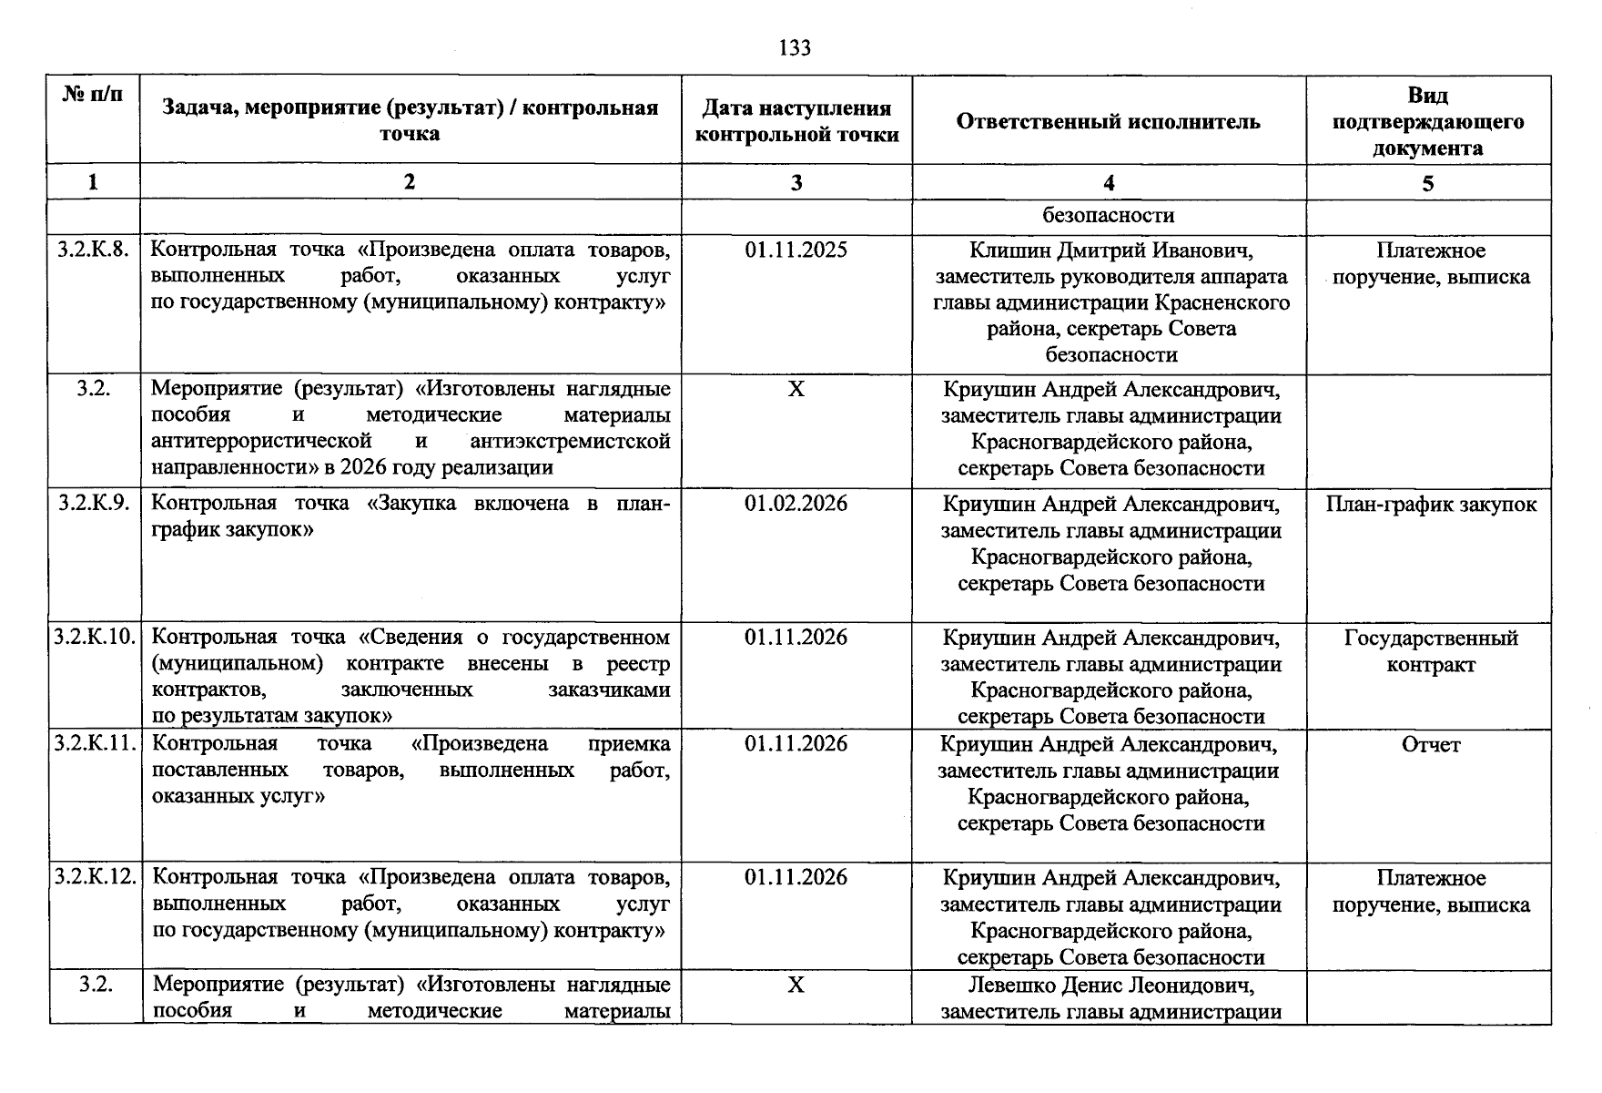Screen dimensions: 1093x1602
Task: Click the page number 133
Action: point(795,47)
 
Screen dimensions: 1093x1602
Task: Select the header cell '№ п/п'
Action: point(93,94)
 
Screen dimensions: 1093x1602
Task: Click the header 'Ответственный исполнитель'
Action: point(1108,122)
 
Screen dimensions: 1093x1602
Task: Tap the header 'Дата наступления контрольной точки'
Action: point(796,122)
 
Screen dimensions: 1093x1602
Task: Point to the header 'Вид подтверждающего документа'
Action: point(1427,122)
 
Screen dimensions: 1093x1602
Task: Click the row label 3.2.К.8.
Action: point(93,250)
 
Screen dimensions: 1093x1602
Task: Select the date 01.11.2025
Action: point(796,250)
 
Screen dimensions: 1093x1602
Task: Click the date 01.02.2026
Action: point(796,504)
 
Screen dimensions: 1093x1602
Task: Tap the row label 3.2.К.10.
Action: point(95,637)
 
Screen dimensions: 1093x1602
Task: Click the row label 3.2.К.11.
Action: point(95,743)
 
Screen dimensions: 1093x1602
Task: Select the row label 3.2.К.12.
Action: point(95,877)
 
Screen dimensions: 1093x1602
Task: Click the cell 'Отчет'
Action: point(1430,745)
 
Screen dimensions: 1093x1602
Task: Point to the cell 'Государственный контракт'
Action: point(1430,651)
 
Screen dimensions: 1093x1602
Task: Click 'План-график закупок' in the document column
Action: point(1430,505)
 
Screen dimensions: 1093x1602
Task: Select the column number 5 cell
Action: point(1427,183)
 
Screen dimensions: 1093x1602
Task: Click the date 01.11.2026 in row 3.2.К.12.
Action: point(796,877)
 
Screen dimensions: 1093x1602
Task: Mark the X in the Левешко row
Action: point(796,985)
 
